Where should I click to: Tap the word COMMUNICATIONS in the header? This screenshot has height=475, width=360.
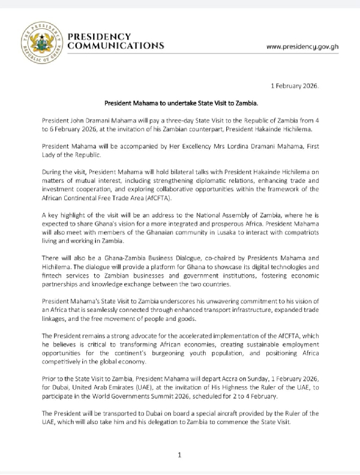[116, 46]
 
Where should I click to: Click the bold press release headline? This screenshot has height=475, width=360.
[179, 104]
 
